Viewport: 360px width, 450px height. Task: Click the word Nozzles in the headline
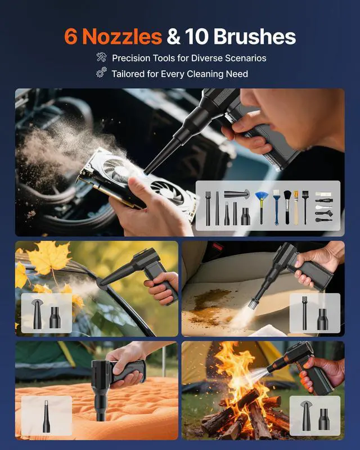pyautogui.click(x=121, y=37)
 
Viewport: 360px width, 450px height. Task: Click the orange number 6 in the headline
pyautogui.click(x=71, y=37)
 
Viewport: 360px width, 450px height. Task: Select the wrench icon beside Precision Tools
pyautogui.click(x=101, y=57)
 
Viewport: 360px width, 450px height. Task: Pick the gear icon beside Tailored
pyautogui.click(x=101, y=73)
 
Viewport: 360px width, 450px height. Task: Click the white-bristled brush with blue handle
pyautogui.click(x=276, y=206)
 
